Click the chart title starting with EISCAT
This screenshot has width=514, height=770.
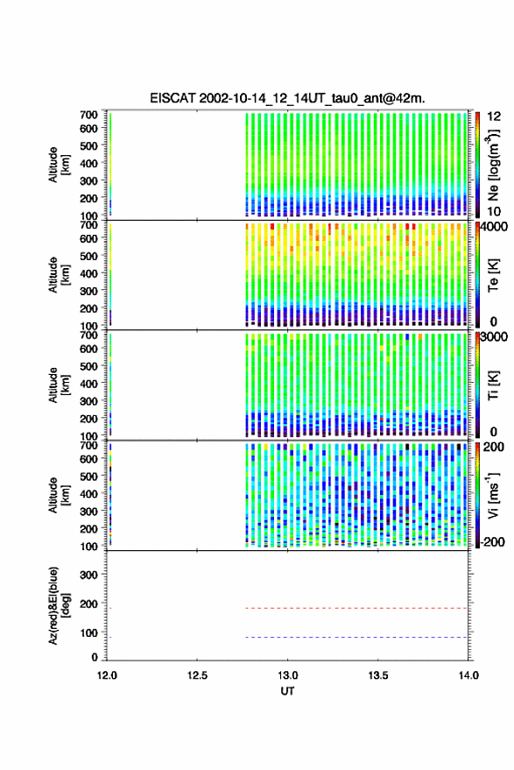[288, 98]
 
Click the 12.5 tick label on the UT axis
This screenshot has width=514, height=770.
[197, 675]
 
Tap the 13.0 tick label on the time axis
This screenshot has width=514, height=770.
[287, 675]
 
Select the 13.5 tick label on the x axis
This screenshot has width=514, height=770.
[378, 675]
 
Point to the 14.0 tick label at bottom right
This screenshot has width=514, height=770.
[468, 675]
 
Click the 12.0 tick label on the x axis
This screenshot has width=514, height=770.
[107, 675]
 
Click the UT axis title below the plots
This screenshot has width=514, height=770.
[288, 691]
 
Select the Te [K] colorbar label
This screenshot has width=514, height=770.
[493, 275]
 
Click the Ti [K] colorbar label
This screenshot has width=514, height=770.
[493, 385]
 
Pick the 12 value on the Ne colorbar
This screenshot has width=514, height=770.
[495, 117]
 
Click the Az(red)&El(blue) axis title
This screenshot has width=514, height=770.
[59, 605]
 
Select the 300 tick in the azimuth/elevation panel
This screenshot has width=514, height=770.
[88, 575]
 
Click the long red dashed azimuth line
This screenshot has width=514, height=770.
[356, 608]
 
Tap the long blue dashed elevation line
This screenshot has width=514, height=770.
[356, 638]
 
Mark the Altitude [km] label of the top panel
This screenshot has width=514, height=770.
[59, 165]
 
